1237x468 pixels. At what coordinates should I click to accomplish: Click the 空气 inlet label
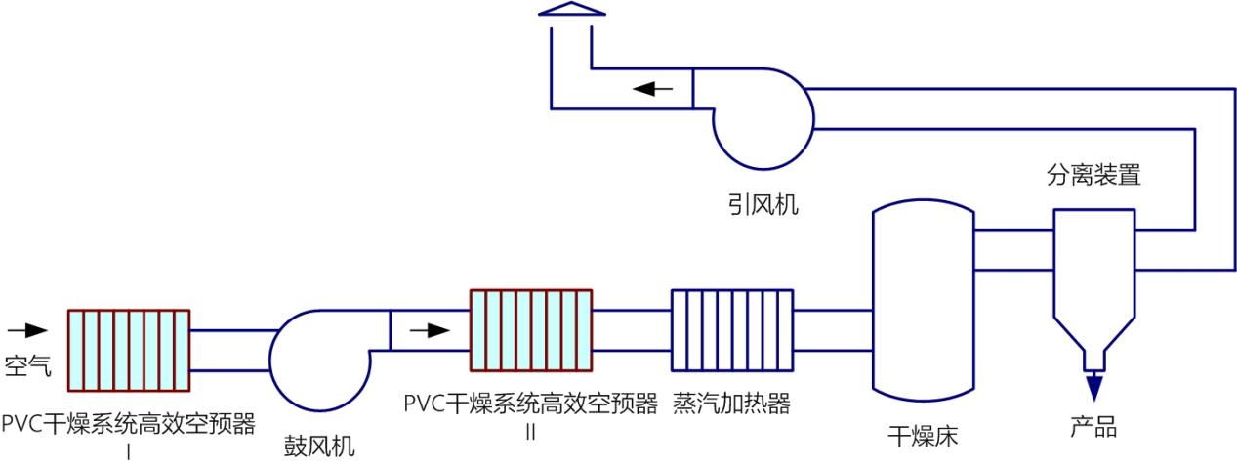click(28, 365)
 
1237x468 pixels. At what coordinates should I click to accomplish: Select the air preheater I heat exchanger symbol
click(128, 350)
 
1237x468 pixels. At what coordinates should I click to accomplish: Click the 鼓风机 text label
click(319, 447)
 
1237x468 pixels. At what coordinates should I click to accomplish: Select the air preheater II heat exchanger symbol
click(531, 330)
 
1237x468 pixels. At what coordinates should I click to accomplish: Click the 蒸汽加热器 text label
click(731, 404)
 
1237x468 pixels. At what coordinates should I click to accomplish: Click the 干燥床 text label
click(923, 436)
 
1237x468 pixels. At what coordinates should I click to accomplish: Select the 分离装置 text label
click(1093, 177)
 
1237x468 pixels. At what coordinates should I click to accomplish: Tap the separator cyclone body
click(1093, 274)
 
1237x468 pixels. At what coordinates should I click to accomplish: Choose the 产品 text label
click(1093, 428)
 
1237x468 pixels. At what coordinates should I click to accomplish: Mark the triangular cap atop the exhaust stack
click(571, 10)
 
